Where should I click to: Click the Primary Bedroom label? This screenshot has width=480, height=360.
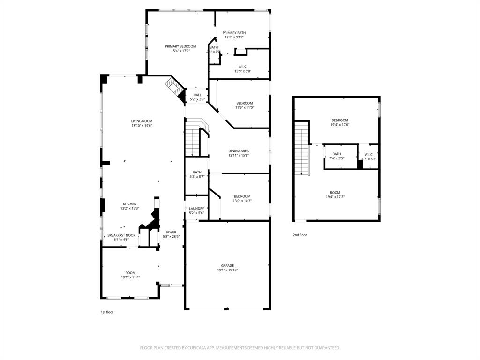(180, 46)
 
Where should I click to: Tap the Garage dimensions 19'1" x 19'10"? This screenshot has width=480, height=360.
(227, 270)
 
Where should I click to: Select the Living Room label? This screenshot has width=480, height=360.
(142, 121)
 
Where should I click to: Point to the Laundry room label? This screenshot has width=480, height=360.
(196, 208)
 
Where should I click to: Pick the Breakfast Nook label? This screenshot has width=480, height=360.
(121, 235)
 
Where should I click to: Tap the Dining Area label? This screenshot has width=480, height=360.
(238, 151)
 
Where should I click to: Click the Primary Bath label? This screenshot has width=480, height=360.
(234, 32)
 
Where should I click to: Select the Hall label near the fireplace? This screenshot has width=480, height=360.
(197, 95)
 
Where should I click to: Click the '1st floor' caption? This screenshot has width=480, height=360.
(107, 312)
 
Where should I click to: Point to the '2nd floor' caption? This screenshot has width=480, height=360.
(300, 235)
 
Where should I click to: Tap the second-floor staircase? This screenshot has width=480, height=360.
(302, 148)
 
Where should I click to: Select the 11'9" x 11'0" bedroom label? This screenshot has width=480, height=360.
(244, 103)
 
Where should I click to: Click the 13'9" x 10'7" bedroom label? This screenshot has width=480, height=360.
(241, 196)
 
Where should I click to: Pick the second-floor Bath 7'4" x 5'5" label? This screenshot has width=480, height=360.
(337, 154)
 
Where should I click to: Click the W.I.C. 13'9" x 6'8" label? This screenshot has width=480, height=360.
(243, 67)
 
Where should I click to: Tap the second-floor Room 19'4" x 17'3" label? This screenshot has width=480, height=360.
(335, 192)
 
